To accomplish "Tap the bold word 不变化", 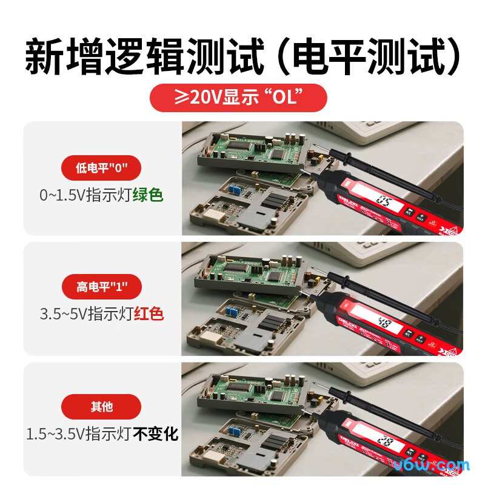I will (x=156, y=433).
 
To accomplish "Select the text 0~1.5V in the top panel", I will (x=62, y=195).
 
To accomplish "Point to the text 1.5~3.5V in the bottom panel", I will (x=55, y=433).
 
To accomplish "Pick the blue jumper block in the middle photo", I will (x=232, y=312).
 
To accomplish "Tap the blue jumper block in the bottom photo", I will (x=232, y=431).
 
